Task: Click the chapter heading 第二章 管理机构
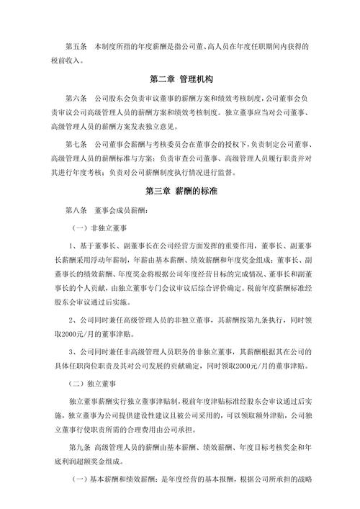[x=179, y=78]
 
